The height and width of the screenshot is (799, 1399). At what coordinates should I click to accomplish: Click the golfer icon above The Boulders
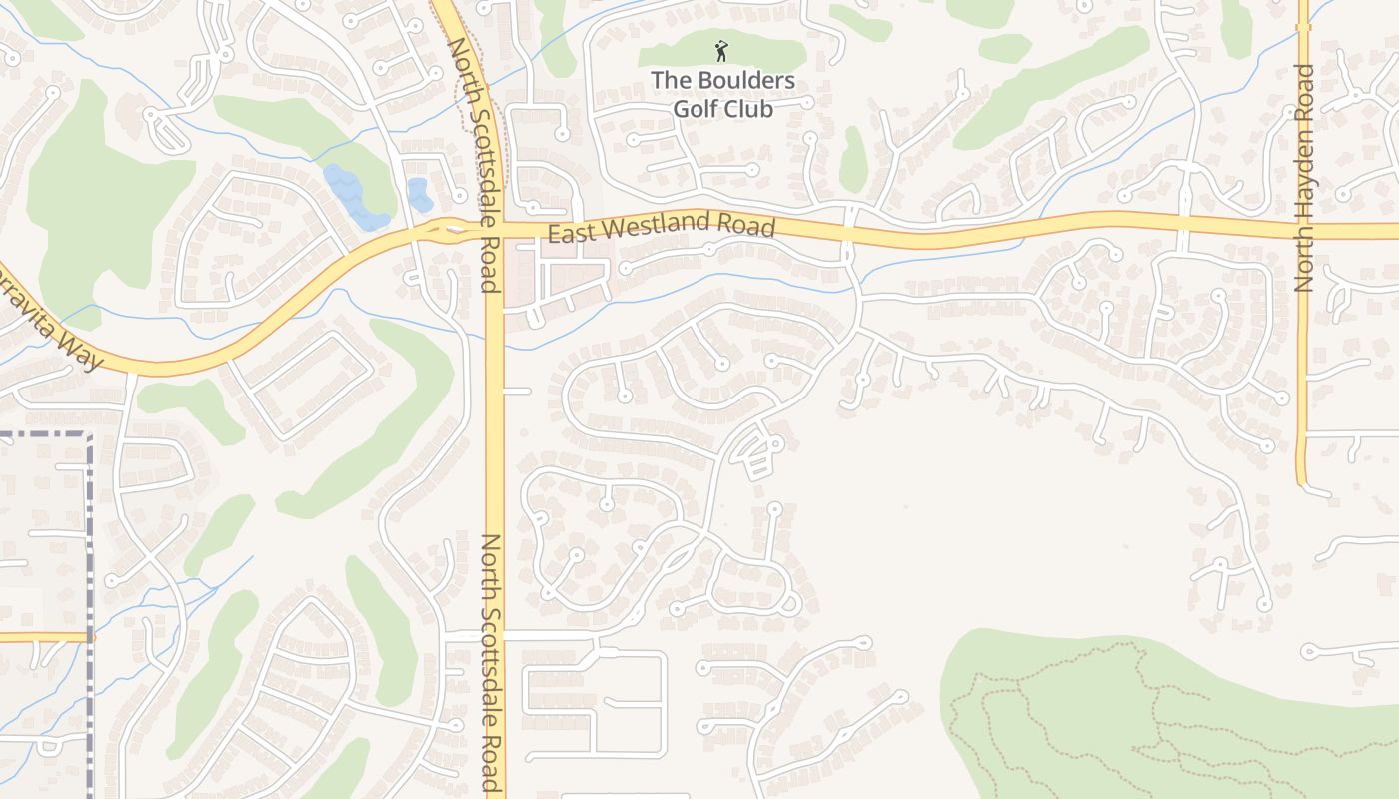pos(721,50)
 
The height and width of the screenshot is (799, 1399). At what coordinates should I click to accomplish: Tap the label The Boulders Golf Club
pos(722,94)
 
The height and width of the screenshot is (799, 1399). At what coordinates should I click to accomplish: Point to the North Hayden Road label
pos(1303,178)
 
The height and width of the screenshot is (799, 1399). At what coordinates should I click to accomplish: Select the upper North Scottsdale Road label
pos(473,165)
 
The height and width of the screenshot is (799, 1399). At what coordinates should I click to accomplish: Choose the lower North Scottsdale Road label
pos(492,662)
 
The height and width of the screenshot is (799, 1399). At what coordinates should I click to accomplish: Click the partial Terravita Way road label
pos(50,318)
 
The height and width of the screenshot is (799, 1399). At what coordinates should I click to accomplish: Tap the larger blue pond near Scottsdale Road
pos(355,198)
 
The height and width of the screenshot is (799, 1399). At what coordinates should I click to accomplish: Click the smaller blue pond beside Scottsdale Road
pos(419,195)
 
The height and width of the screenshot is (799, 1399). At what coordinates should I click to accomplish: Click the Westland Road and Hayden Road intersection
pos(1303,231)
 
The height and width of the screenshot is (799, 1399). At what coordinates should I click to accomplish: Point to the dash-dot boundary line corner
pos(89,436)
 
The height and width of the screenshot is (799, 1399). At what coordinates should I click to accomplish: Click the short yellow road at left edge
pos(40,636)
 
